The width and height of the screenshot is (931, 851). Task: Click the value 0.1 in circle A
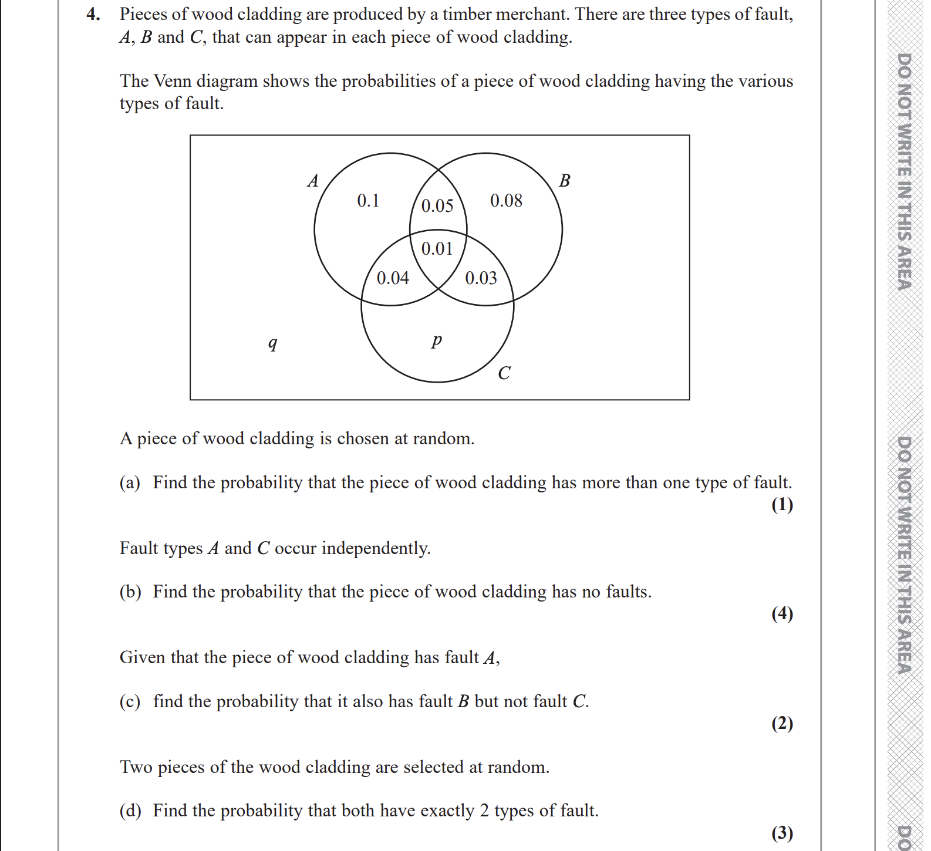(x=368, y=201)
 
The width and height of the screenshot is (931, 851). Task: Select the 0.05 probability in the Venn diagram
(x=437, y=205)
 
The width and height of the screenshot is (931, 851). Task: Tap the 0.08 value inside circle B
(x=506, y=201)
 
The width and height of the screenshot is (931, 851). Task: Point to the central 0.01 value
(x=437, y=249)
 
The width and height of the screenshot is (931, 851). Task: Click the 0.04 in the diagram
(x=393, y=278)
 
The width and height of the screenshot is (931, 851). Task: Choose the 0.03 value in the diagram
(x=481, y=278)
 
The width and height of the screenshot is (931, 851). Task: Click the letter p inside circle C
(x=436, y=340)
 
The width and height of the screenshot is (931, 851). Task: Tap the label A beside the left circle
(x=313, y=181)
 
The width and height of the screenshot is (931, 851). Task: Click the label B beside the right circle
(x=565, y=181)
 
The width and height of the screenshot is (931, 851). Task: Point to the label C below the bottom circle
(x=504, y=373)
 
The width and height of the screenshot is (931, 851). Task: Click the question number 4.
(x=93, y=14)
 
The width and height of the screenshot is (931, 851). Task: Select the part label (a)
(x=130, y=482)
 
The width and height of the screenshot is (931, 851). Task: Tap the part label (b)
(x=130, y=592)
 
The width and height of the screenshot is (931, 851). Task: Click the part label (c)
(x=130, y=701)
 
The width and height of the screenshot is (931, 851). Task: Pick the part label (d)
(x=130, y=811)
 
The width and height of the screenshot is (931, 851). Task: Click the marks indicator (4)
(x=782, y=613)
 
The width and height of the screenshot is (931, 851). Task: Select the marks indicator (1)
(x=782, y=504)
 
